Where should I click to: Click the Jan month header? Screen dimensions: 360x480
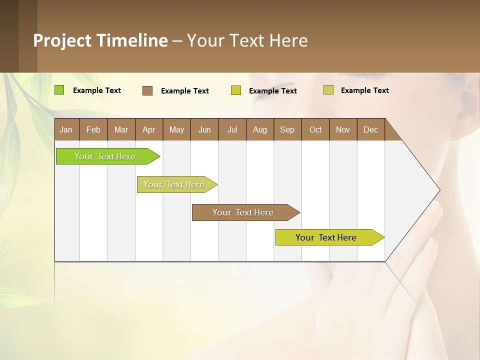tap(66, 129)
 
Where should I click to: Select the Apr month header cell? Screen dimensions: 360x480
tap(148, 129)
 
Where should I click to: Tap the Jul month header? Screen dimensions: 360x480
tap(232, 129)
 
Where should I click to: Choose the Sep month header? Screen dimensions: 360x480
tap(287, 129)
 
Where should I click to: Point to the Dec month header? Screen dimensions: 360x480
tap(370, 129)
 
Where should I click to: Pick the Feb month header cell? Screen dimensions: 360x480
tap(93, 129)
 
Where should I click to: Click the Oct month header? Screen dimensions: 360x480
tap(315, 129)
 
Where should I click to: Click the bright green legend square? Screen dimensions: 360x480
tap(59, 90)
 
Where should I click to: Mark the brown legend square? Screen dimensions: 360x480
tap(147, 90)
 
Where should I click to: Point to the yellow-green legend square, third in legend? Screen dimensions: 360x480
tap(236, 90)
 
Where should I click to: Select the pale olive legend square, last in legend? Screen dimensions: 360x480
tap(328, 90)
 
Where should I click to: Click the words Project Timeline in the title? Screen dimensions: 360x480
tap(100, 40)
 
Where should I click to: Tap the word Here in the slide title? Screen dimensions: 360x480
tap(288, 40)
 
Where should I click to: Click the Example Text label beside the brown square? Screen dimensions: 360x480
tap(184, 91)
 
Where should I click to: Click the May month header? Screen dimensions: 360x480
tap(176, 129)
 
